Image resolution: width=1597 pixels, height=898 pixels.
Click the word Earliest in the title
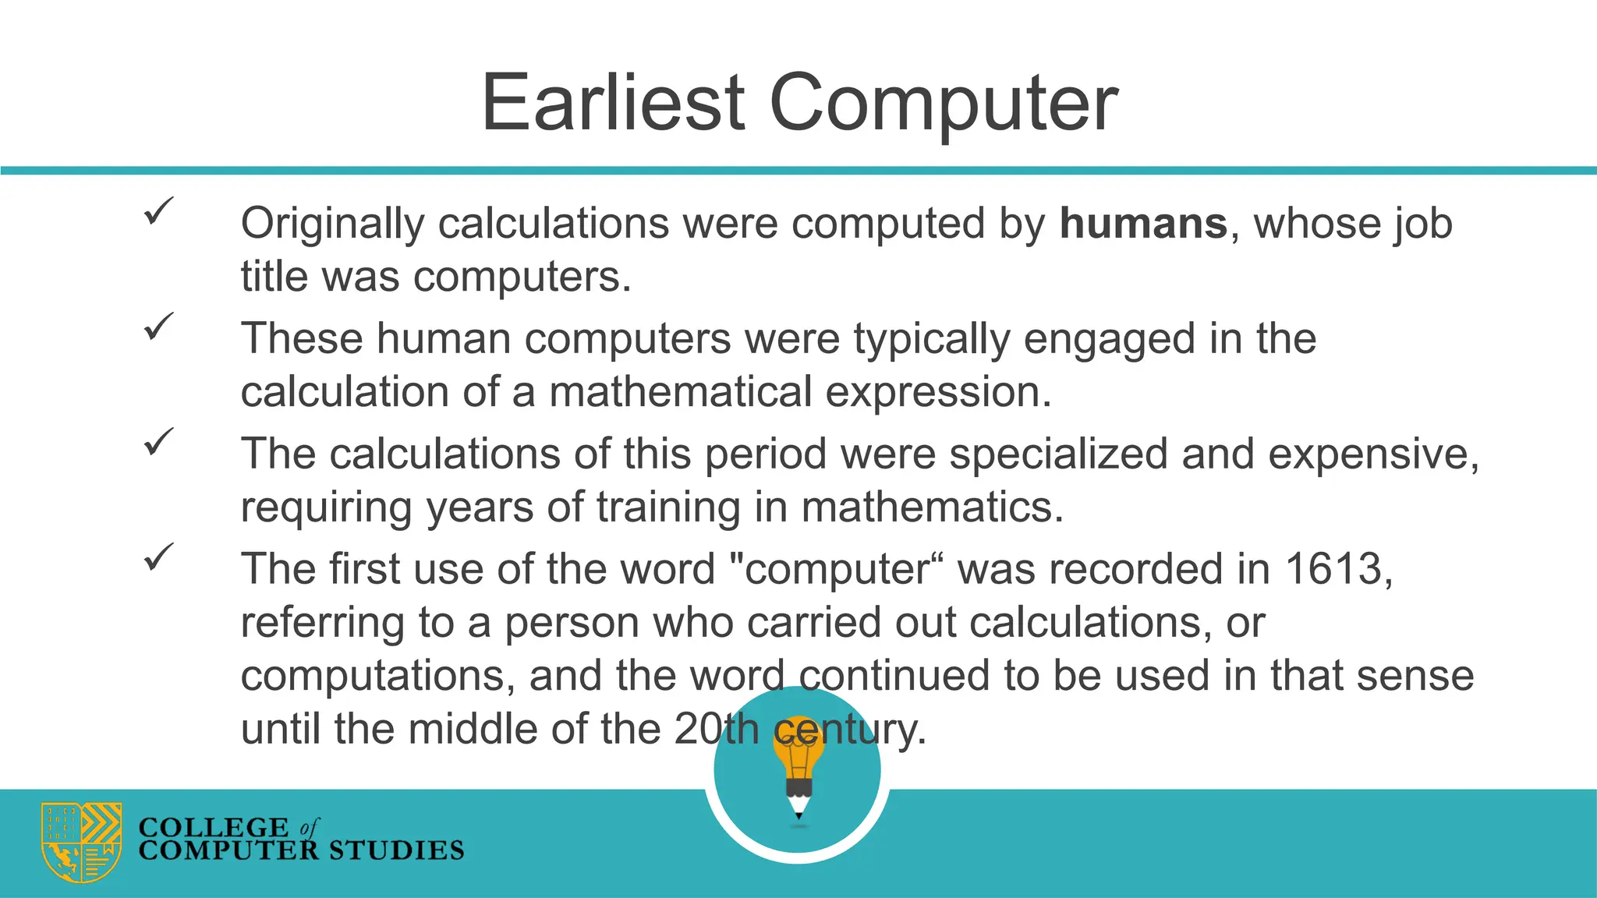(613, 103)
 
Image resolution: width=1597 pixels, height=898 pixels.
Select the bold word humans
(1143, 224)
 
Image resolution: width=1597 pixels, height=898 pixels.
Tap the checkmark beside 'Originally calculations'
(158, 211)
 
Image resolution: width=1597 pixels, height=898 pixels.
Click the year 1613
(1333, 569)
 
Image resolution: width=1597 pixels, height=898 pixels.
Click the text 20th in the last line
(716, 730)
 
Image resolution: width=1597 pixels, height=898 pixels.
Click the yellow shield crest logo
(81, 842)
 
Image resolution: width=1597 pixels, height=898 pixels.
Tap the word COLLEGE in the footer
(214, 827)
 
